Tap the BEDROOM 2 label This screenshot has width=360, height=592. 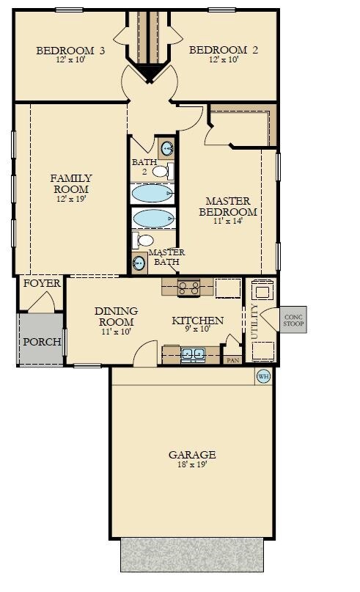(213, 51)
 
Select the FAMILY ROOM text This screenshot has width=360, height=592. (71, 183)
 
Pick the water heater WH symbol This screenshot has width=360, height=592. (263, 377)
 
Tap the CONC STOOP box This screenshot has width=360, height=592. (293, 320)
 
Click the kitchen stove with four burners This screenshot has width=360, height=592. (188, 287)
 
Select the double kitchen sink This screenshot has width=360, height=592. (192, 355)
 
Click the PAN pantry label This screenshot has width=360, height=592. (233, 360)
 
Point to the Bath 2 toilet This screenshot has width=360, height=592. (162, 172)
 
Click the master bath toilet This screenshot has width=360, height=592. (144, 240)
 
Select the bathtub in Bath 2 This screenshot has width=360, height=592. (153, 193)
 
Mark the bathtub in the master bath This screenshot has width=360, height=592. (153, 218)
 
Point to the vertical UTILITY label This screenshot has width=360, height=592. (254, 321)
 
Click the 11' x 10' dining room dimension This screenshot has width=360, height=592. (115, 332)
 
